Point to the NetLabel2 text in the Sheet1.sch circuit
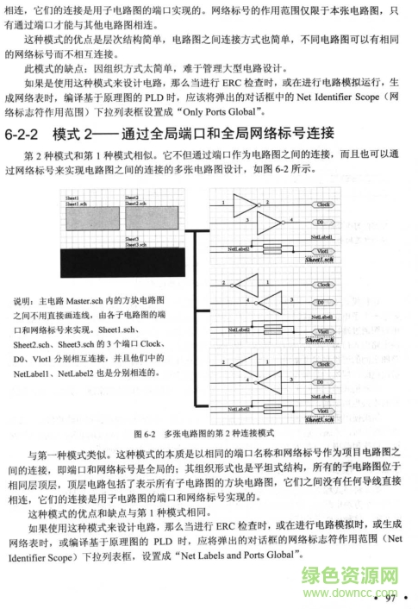(x=239, y=247)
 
